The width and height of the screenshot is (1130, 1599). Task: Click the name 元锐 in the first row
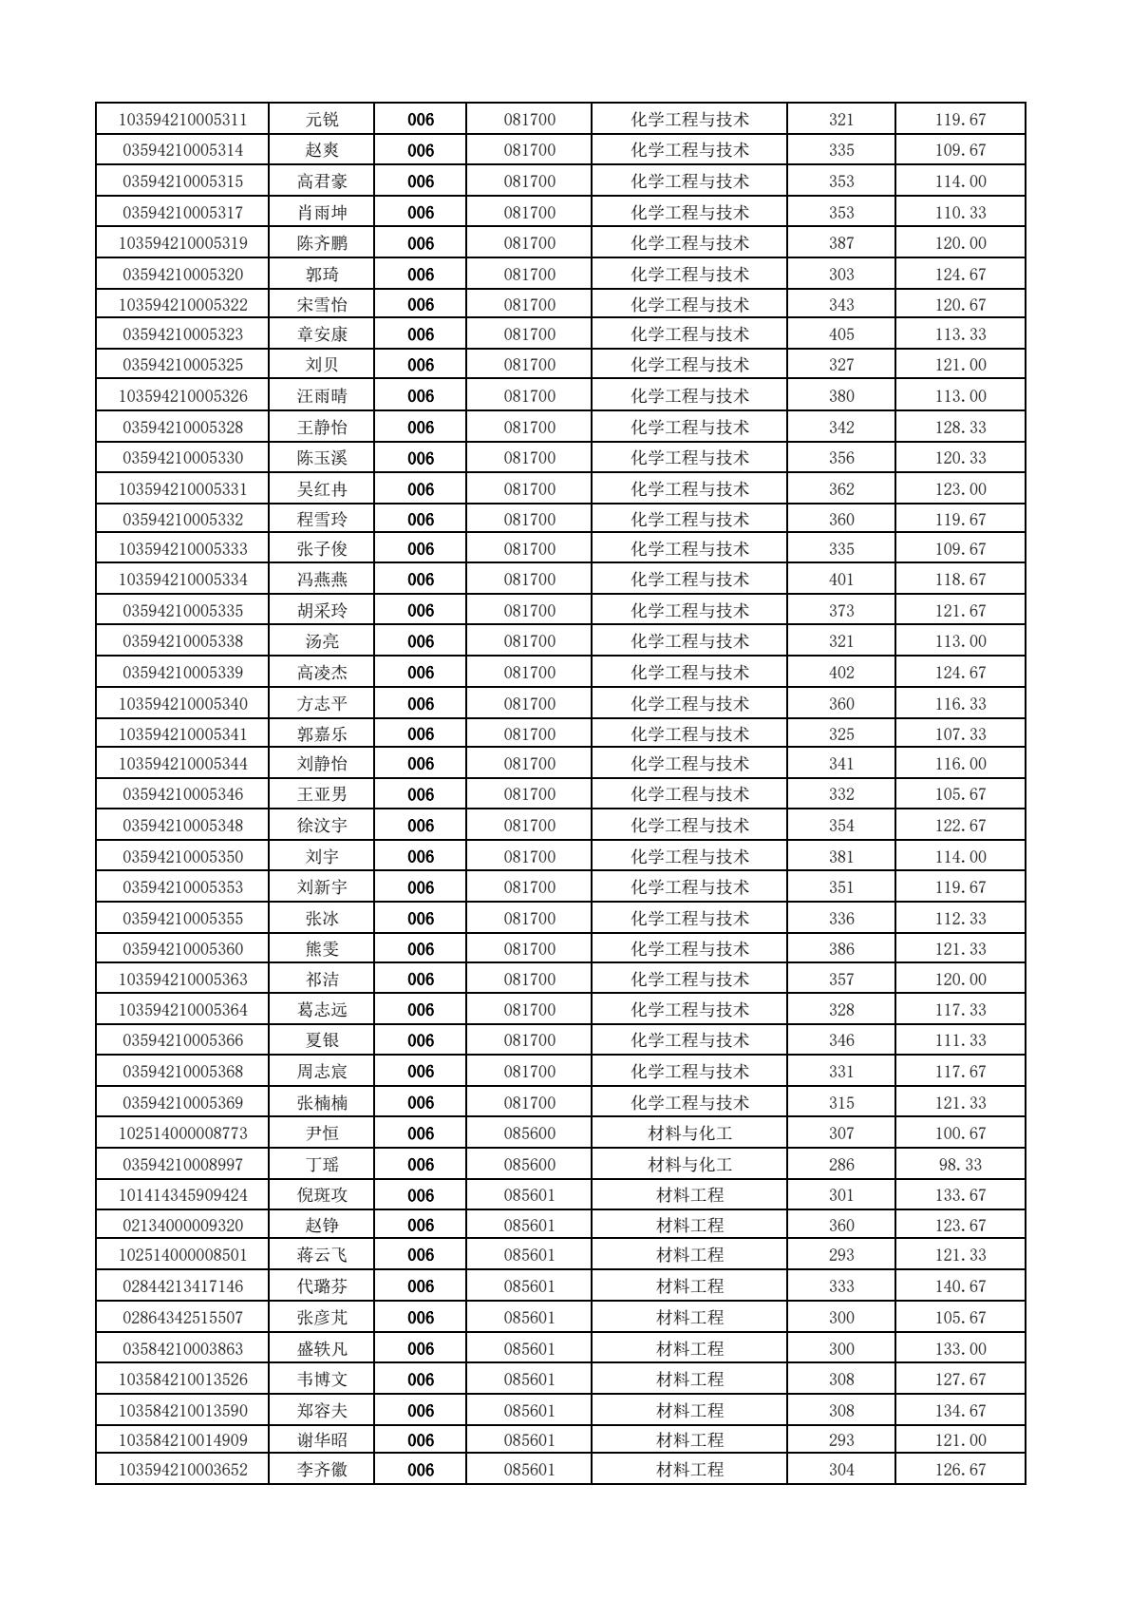tap(322, 120)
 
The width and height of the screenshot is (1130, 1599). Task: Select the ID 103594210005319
tap(183, 243)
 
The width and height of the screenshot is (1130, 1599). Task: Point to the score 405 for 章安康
tap(841, 334)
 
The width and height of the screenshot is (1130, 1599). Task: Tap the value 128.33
tap(960, 428)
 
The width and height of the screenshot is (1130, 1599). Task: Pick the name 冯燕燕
tap(322, 580)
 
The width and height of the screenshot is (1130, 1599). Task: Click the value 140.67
tap(960, 1286)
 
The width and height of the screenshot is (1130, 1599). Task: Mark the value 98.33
tap(960, 1165)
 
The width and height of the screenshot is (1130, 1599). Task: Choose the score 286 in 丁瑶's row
tap(841, 1165)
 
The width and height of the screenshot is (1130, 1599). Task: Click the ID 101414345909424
tap(183, 1195)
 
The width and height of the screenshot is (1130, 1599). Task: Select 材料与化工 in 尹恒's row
tap(690, 1133)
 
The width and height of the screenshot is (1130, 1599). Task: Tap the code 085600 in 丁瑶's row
tap(529, 1165)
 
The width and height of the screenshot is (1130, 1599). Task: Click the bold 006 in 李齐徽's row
tap(421, 1470)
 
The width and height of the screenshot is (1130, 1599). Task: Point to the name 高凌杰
tap(322, 673)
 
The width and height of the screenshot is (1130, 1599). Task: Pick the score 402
tap(841, 673)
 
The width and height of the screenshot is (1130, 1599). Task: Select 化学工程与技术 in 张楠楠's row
tap(690, 1103)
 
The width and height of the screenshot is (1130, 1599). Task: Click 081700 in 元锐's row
tap(529, 120)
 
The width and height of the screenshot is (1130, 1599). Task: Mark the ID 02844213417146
tap(183, 1286)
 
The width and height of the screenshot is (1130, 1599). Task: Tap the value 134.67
tap(960, 1411)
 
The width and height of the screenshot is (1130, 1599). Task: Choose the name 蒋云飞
tap(322, 1255)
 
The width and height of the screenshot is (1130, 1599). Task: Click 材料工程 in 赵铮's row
tap(690, 1226)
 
